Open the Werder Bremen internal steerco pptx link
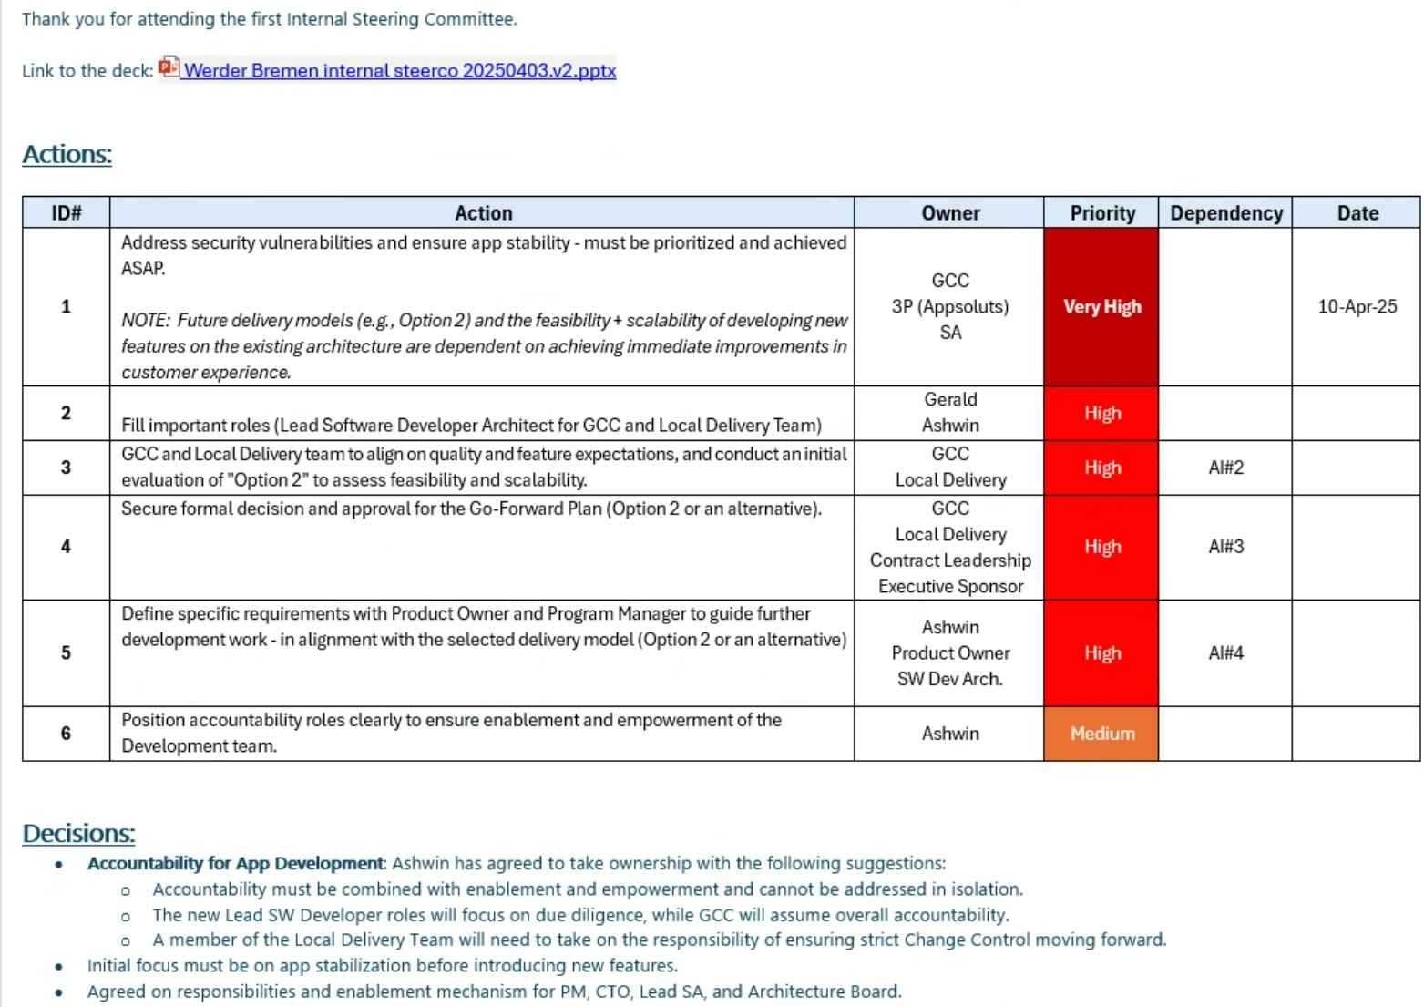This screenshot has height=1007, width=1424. click(x=399, y=71)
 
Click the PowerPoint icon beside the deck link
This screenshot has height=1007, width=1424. click(x=169, y=67)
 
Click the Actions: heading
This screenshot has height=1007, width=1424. click(x=67, y=155)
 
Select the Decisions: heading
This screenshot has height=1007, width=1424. click(x=78, y=833)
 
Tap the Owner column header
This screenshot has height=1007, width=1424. click(x=949, y=213)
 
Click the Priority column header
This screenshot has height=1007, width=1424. click(x=1101, y=213)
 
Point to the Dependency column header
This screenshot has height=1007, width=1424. click(x=1225, y=213)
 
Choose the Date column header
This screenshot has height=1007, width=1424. click(x=1357, y=213)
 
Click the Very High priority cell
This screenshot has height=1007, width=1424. click(x=1101, y=307)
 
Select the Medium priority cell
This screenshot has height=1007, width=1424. click(x=1101, y=734)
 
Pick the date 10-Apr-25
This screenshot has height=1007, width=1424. click(x=1357, y=307)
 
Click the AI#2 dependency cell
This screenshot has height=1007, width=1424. click(x=1225, y=468)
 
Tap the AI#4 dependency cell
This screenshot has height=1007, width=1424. click(x=1225, y=653)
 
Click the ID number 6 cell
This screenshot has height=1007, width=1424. click(x=66, y=734)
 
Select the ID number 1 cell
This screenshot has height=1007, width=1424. click(x=66, y=307)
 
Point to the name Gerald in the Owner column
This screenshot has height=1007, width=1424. click(x=949, y=400)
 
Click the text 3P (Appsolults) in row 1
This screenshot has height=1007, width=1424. click(x=949, y=307)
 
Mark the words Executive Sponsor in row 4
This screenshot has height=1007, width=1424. click(x=949, y=587)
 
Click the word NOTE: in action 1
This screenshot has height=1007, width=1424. click(x=145, y=321)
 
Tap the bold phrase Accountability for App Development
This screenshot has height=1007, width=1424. click(x=235, y=864)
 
